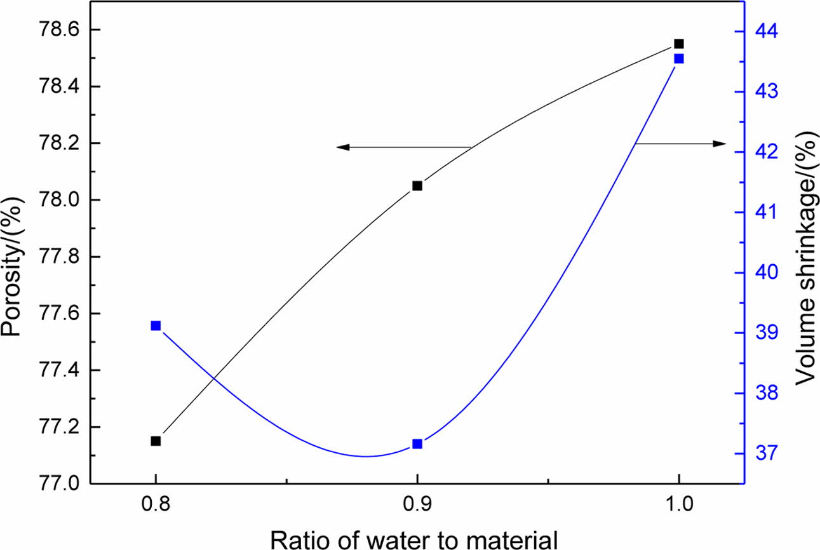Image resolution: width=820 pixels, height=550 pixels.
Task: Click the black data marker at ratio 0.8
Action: [x=156, y=441]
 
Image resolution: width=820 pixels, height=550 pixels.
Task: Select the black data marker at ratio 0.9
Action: [x=417, y=185]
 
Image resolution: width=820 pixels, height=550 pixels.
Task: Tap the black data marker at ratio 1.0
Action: [x=679, y=44]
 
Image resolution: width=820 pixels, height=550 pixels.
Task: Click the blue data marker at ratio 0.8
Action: [x=156, y=326]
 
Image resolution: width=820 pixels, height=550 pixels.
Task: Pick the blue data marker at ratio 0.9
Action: [x=417, y=444]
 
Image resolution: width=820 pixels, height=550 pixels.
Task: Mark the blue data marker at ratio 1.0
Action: [x=679, y=58]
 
